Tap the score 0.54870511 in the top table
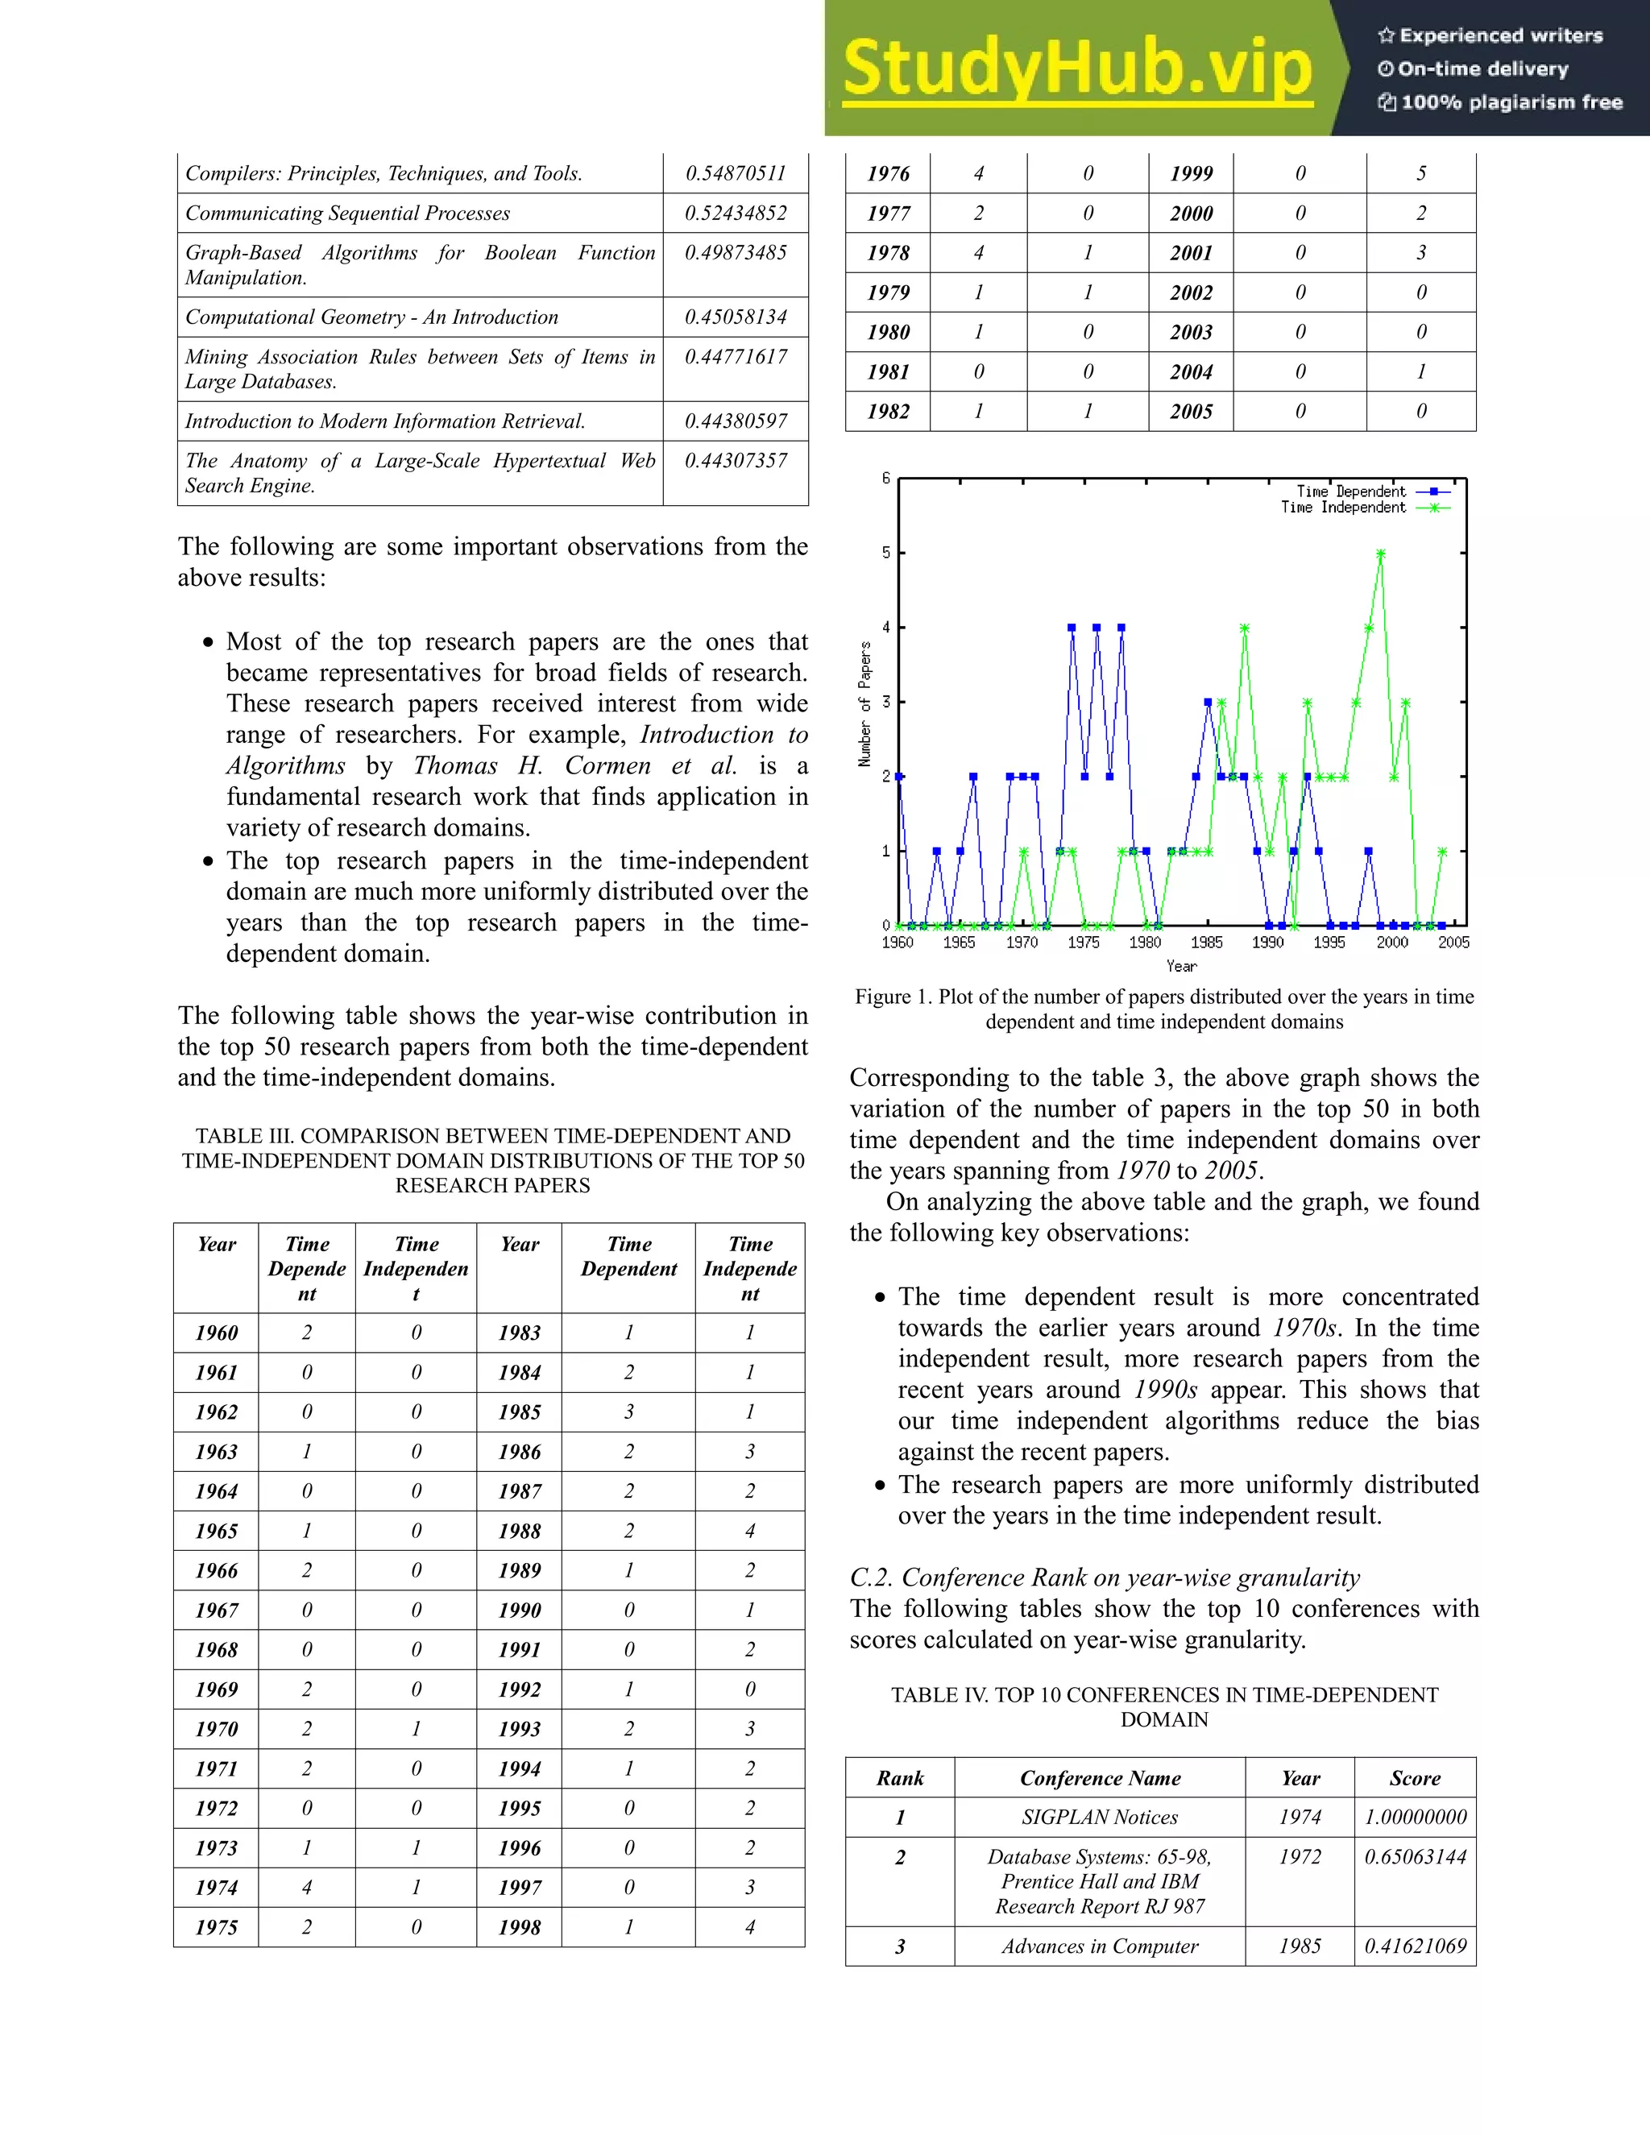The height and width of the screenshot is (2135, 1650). pyautogui.click(x=735, y=173)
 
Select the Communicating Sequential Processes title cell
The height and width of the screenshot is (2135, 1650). pyautogui.click(x=347, y=213)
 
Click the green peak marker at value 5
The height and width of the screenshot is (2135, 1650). pyautogui.click(x=1380, y=554)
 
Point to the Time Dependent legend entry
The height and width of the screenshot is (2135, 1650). pyautogui.click(x=1351, y=491)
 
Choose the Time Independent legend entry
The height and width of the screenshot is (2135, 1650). pyautogui.click(x=1343, y=508)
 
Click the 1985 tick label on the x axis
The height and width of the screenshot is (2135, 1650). pyautogui.click(x=1206, y=943)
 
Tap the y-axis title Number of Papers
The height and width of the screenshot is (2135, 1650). pyautogui.click(x=865, y=704)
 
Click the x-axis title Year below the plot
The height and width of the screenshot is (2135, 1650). pyautogui.click(x=1181, y=966)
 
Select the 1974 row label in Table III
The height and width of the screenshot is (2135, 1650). pyautogui.click(x=216, y=1888)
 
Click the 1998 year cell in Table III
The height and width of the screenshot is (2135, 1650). pyautogui.click(x=519, y=1927)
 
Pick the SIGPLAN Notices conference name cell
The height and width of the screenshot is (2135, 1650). pyautogui.click(x=1100, y=1818)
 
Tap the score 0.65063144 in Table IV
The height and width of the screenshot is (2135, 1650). pyautogui.click(x=1416, y=1856)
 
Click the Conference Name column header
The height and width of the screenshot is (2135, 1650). pyautogui.click(x=1100, y=1778)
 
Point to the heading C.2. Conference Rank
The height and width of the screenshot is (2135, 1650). pyautogui.click(x=1105, y=1577)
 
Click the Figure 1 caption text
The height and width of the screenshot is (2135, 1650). pyautogui.click(x=1163, y=1009)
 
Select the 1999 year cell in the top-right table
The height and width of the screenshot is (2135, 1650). pyautogui.click(x=1191, y=173)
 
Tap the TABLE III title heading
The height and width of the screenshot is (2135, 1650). pyautogui.click(x=492, y=1160)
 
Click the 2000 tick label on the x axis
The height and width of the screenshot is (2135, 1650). pyautogui.click(x=1392, y=943)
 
